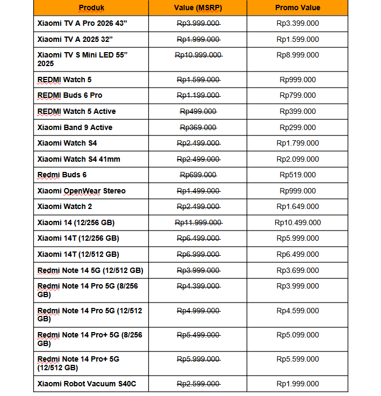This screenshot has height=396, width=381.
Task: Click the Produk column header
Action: click(91, 8)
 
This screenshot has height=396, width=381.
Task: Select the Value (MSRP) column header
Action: click(198, 8)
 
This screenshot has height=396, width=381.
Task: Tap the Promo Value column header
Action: click(297, 8)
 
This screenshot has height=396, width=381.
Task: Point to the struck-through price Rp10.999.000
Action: click(198, 55)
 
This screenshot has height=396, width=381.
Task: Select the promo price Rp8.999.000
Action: click(298, 55)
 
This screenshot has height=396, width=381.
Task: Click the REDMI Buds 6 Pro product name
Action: click(70, 95)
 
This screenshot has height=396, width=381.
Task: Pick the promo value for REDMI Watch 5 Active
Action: click(298, 111)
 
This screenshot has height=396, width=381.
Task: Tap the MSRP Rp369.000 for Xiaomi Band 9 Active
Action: click(198, 127)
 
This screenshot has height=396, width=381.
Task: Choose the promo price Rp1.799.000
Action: click(298, 143)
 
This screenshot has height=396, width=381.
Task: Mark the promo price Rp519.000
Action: click(298, 175)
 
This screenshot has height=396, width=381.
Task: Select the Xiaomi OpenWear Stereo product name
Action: click(82, 191)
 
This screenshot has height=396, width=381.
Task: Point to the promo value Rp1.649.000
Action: click(298, 206)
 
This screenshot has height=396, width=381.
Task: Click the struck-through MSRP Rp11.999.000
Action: click(198, 222)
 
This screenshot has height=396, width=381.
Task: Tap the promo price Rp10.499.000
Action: click(298, 222)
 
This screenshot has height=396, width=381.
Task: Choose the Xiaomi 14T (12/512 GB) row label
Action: click(78, 254)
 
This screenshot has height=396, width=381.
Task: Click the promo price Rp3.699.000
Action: click(298, 270)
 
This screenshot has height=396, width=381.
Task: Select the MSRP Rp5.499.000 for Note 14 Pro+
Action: click(198, 335)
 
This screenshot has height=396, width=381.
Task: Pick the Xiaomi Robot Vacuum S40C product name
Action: click(86, 384)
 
